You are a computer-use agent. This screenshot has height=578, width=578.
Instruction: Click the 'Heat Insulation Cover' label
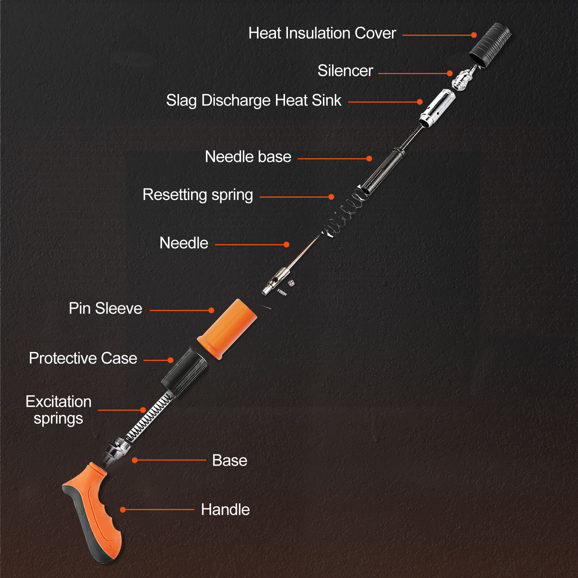pos(322,33)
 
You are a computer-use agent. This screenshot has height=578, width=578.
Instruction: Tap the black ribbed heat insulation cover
pos(490,45)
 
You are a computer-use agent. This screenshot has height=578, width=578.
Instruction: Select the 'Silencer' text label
pos(345,71)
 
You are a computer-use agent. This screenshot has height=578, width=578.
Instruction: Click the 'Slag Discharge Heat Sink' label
pos(254,100)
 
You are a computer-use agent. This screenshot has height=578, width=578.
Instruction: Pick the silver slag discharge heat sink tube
pos(437,108)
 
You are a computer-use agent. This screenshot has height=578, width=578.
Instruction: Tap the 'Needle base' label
pos(248,157)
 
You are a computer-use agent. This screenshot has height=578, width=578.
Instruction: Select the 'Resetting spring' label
pos(198,195)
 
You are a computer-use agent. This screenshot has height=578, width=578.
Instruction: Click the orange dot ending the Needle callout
pos(286,245)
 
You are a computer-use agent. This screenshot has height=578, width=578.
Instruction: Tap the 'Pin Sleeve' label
pos(105,309)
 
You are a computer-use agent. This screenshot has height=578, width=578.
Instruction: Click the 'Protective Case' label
pos(83,358)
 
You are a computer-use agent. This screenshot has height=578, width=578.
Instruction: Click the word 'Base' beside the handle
pos(229,461)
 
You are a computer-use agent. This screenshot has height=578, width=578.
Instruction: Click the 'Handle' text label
pos(225,510)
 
